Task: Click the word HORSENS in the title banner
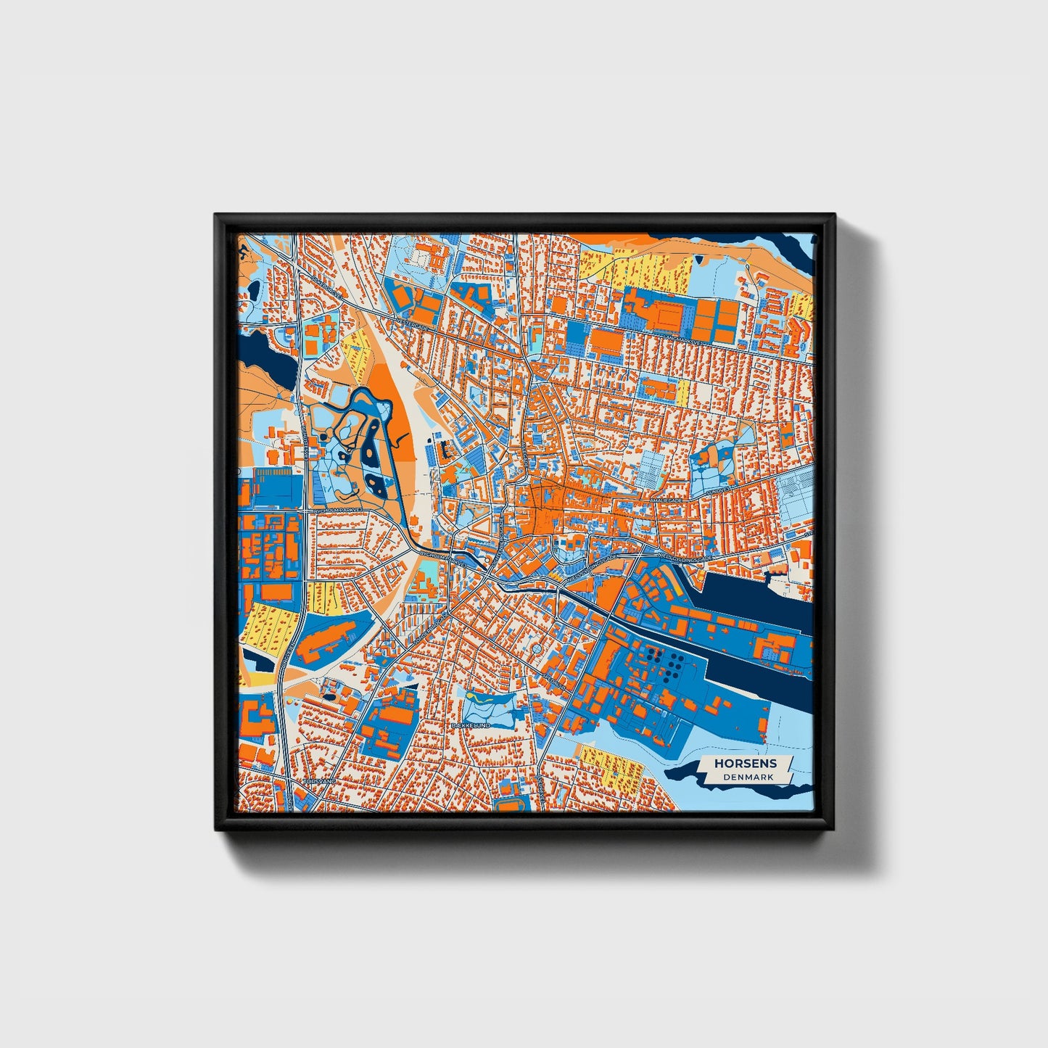tap(746, 763)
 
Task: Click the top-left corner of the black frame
tap(215, 215)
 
